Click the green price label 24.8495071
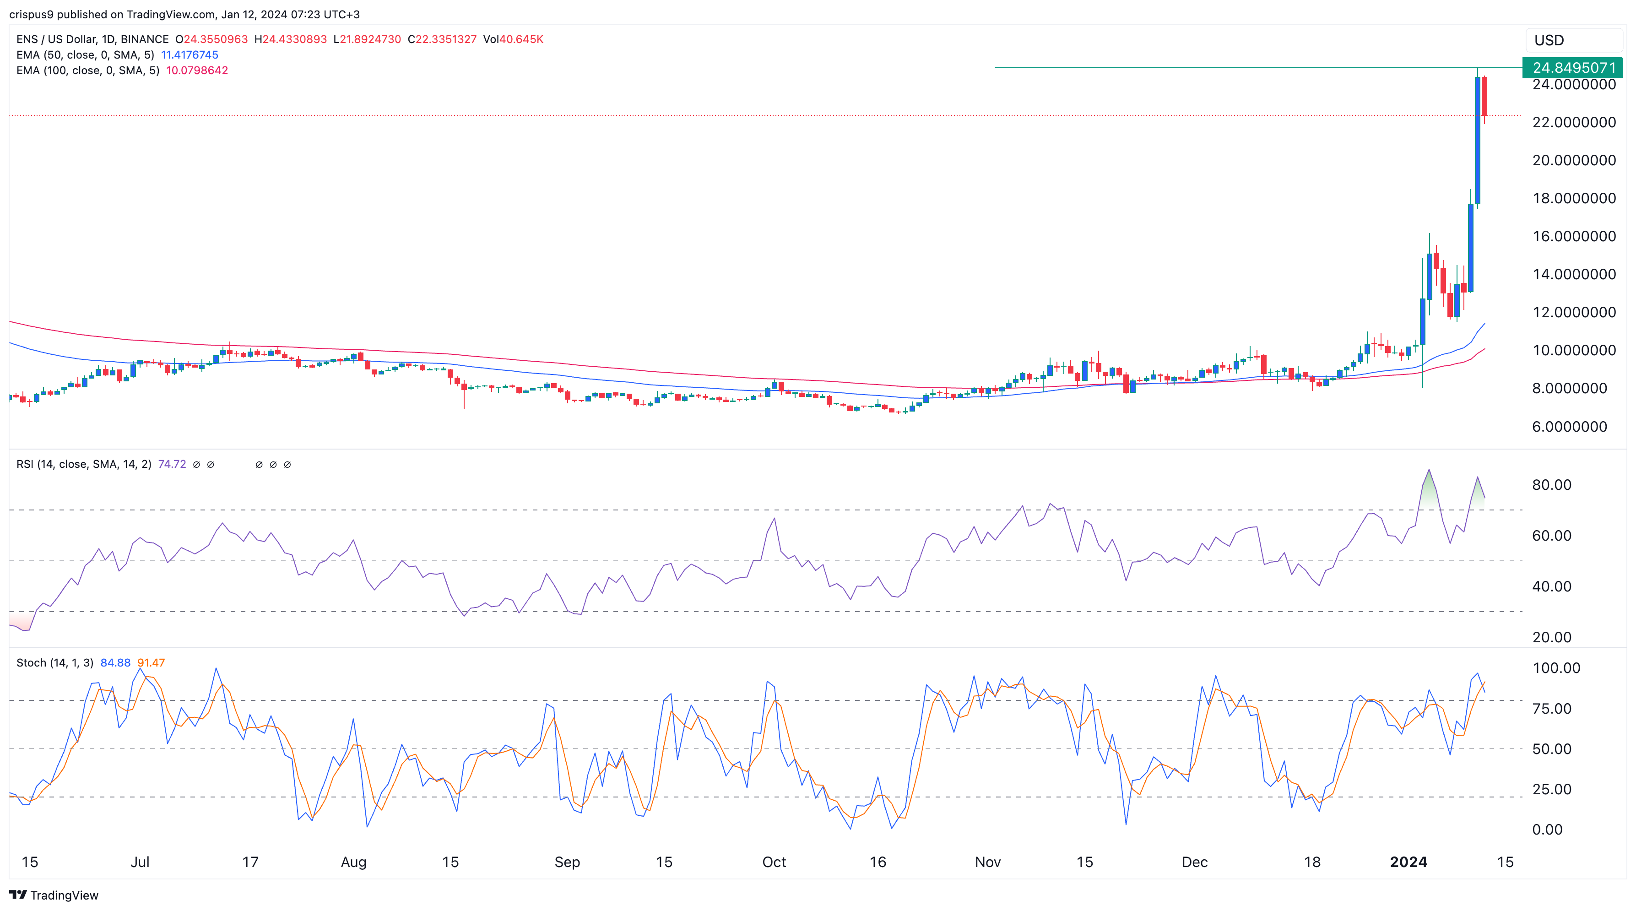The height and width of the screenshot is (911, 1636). [1573, 67]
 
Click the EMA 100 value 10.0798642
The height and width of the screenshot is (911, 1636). [197, 70]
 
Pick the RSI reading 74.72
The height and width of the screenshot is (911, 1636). [172, 464]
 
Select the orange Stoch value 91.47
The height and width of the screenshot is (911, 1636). [151, 662]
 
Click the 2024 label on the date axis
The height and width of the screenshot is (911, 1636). [1408, 862]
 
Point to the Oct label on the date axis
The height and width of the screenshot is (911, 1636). [774, 862]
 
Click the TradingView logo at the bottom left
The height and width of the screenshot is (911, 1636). [54, 895]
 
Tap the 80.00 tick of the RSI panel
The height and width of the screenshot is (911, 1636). [1551, 485]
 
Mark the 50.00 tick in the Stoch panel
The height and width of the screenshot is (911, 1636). [1551, 748]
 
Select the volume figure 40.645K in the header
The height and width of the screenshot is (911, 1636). [521, 39]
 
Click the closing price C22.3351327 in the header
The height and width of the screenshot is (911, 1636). [442, 39]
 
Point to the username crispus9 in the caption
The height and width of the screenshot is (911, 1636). [31, 14]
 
